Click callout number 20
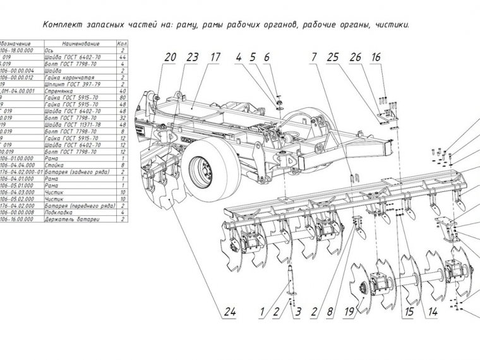click(171, 57)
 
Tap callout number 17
click(215, 57)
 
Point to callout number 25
click(333, 57)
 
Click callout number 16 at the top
click(376, 57)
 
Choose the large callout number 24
click(230, 311)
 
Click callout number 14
click(432, 311)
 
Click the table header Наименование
click(78, 44)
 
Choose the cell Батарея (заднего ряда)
click(78, 172)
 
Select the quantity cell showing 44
click(121, 57)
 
